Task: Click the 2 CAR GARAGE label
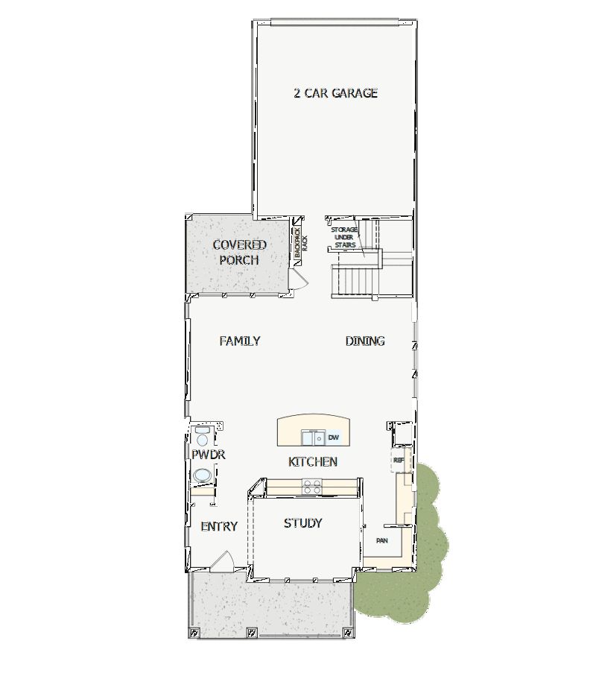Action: pyautogui.click(x=335, y=93)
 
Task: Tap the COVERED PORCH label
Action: pyautogui.click(x=239, y=252)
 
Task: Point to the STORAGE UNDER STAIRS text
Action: pyautogui.click(x=345, y=236)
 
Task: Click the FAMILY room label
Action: pyautogui.click(x=240, y=341)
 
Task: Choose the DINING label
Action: pyautogui.click(x=365, y=341)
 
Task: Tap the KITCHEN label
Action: pyautogui.click(x=313, y=462)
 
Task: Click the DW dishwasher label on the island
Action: pyautogui.click(x=334, y=437)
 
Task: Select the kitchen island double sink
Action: pyautogui.click(x=312, y=437)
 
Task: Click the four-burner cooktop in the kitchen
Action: pyautogui.click(x=312, y=487)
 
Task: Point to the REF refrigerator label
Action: pyautogui.click(x=399, y=461)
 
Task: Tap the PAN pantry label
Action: pyautogui.click(x=381, y=540)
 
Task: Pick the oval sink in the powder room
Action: pyautogui.click(x=201, y=476)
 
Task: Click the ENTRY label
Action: pyautogui.click(x=219, y=526)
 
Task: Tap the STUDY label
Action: pyautogui.click(x=302, y=523)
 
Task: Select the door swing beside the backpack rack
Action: pyautogui.click(x=298, y=279)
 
